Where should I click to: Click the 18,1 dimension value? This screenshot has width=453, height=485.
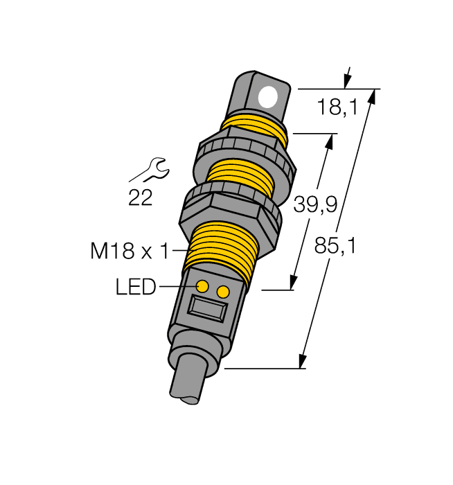click(x=337, y=107)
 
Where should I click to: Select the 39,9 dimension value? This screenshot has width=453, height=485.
click(x=315, y=204)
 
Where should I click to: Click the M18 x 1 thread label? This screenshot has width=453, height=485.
click(x=130, y=251)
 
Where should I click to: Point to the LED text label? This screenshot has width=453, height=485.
click(x=136, y=287)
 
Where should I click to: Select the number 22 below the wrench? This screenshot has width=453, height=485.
click(x=141, y=198)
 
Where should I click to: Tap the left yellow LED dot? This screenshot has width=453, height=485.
click(x=203, y=286)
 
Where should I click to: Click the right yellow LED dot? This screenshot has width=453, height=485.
click(x=222, y=292)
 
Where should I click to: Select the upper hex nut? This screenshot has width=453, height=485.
click(x=246, y=155)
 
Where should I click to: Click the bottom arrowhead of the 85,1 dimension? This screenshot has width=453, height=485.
click(x=302, y=361)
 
